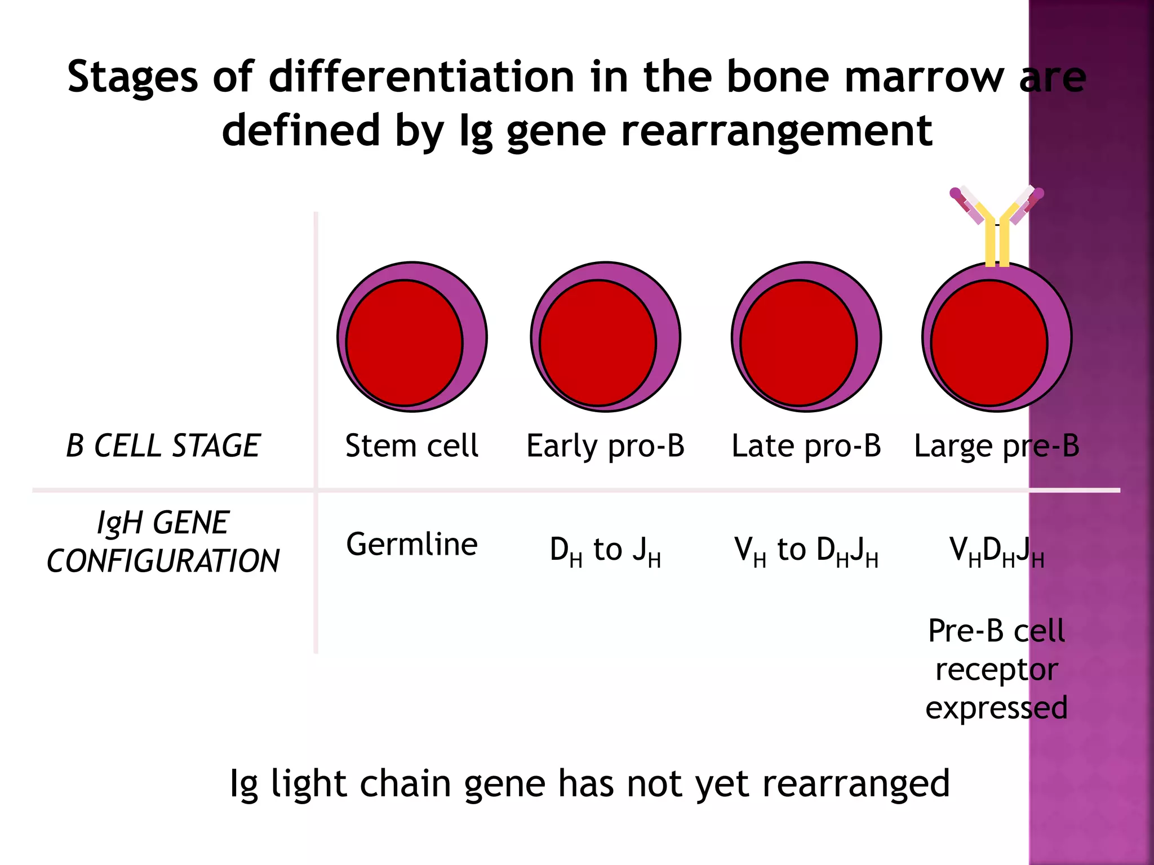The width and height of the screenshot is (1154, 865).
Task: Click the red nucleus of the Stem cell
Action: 404,342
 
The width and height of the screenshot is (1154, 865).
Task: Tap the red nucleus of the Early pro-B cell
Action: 597,342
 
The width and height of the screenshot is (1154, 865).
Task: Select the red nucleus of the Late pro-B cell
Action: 798,342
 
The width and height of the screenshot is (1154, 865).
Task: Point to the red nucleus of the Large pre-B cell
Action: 989,342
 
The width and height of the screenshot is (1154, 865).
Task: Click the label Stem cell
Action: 412,446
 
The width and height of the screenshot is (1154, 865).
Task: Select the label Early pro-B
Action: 605,446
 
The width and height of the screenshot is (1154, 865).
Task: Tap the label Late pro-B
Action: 806,446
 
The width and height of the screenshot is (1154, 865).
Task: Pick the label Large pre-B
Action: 996,446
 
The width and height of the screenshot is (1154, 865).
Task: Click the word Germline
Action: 412,545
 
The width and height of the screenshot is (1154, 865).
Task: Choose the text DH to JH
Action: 605,550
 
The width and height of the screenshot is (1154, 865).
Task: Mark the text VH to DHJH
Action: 806,550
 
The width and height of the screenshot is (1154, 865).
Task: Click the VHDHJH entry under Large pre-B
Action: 996,550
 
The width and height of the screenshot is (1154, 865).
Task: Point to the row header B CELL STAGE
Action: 163,446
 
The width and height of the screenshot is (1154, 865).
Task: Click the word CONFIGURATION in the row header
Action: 163,561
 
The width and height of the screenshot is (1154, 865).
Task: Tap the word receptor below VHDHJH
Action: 996,670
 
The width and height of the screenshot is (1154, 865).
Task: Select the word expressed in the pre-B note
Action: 996,708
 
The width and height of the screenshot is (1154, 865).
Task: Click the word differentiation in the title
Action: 421,77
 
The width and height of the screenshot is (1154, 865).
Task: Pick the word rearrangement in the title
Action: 776,131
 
